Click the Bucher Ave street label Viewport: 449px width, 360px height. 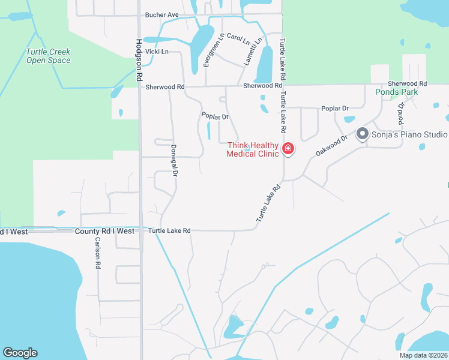click(162, 14)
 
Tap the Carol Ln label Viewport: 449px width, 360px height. click(238, 41)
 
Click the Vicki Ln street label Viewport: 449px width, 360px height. click(157, 52)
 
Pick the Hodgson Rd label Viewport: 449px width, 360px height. click(139, 60)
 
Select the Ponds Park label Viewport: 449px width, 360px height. click(397, 92)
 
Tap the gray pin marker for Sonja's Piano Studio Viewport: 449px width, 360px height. click(363, 133)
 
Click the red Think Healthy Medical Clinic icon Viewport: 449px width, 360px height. click(288, 148)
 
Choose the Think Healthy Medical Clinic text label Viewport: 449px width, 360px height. click(253, 149)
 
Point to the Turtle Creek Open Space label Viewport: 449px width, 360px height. click(48, 56)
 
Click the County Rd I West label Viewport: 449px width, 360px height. click(105, 231)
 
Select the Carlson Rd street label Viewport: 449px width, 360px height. click(97, 252)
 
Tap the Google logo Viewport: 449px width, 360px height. click(20, 353)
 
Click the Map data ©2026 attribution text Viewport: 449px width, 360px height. click(423, 355)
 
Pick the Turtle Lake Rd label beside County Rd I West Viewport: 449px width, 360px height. click(169, 231)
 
